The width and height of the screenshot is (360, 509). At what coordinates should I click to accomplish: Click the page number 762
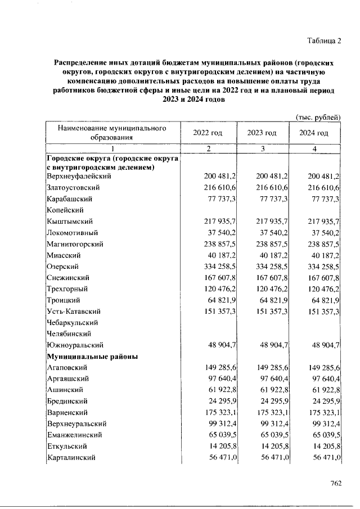pyautogui.click(x=336, y=483)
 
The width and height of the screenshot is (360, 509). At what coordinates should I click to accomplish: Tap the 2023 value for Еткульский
pyautogui.click(x=272, y=447)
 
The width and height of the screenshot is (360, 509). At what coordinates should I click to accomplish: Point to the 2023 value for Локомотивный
pyautogui.click(x=272, y=233)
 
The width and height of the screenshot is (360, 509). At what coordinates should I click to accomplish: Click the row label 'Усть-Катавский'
pyautogui.click(x=74, y=312)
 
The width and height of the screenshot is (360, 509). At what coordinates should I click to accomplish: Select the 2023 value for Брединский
pyautogui.click(x=272, y=402)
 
